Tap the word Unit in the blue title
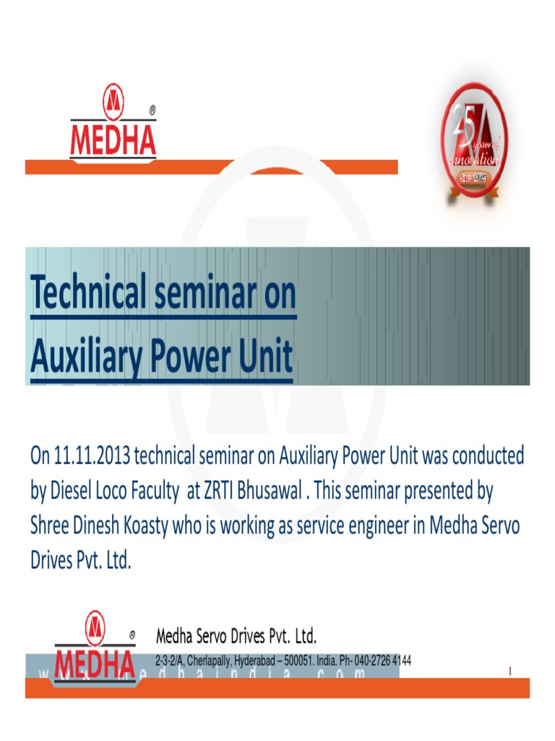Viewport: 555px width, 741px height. click(267, 357)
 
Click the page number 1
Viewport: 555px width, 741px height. click(509, 672)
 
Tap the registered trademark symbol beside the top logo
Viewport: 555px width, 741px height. click(152, 111)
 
